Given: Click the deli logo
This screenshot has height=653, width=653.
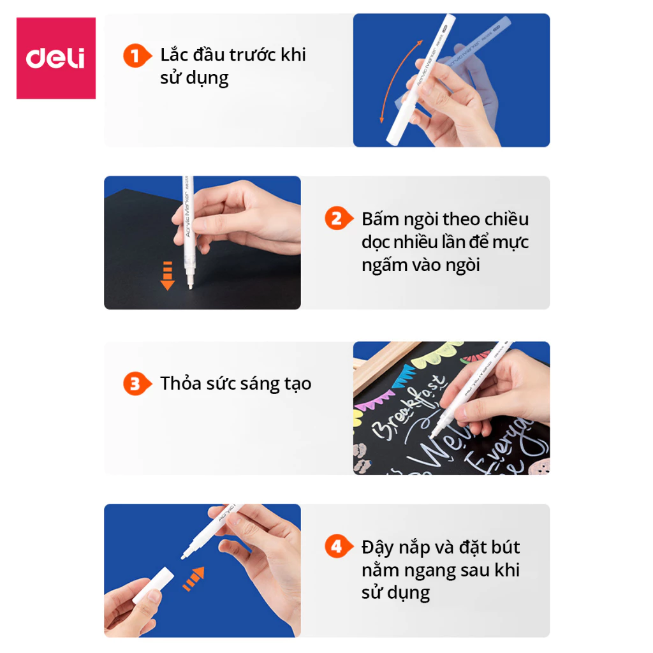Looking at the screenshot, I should (55, 58).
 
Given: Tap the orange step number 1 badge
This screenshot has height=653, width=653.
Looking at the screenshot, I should (135, 55).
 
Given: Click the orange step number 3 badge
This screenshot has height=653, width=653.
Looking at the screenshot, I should (135, 384).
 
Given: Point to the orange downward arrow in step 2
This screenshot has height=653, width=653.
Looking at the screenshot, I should (167, 275).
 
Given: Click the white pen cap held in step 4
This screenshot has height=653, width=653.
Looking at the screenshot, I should (154, 584).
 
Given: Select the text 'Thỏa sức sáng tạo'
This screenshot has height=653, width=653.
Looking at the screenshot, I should (236, 384).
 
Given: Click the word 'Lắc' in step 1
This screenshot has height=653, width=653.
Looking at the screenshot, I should (173, 55).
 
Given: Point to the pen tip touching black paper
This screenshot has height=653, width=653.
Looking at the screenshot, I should (189, 288).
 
